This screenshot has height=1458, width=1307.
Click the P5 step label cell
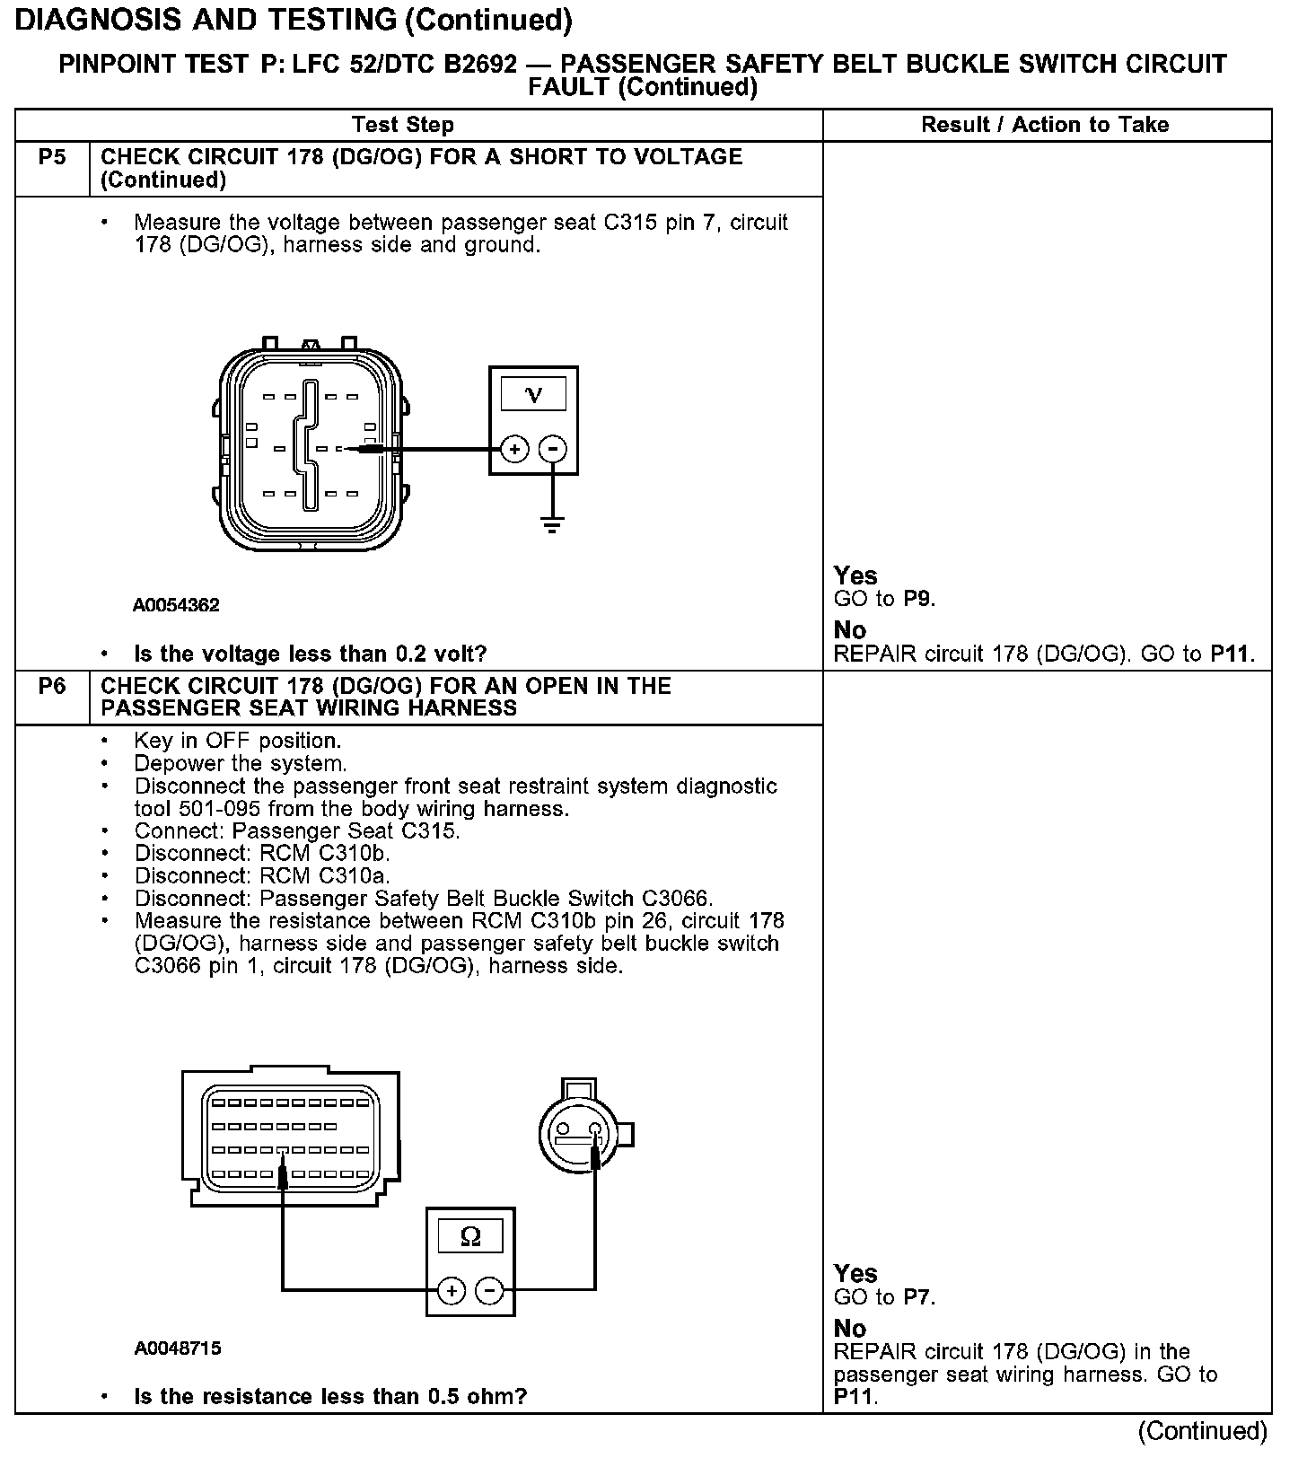click(52, 158)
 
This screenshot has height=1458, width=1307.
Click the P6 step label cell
click(52, 687)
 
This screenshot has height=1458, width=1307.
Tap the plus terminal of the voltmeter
click(514, 449)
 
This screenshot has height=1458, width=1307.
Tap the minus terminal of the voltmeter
click(553, 449)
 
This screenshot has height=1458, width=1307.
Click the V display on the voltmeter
click(533, 394)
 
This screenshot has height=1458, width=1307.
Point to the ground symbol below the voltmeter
click(553, 524)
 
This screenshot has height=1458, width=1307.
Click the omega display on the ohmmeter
click(470, 1238)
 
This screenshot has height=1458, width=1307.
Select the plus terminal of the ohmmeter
click(452, 1291)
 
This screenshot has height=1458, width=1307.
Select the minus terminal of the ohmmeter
click(489, 1291)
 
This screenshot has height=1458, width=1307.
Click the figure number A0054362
click(176, 605)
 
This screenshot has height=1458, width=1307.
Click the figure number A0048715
click(178, 1348)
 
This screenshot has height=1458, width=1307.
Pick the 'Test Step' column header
click(403, 125)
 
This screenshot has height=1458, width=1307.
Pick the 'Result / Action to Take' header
click(1045, 125)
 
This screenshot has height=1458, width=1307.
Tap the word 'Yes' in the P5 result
click(855, 575)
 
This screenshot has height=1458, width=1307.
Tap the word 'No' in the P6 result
click(849, 1329)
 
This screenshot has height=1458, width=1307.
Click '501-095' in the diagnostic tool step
click(221, 809)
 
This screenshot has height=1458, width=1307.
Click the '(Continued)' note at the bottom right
click(1202, 1431)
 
